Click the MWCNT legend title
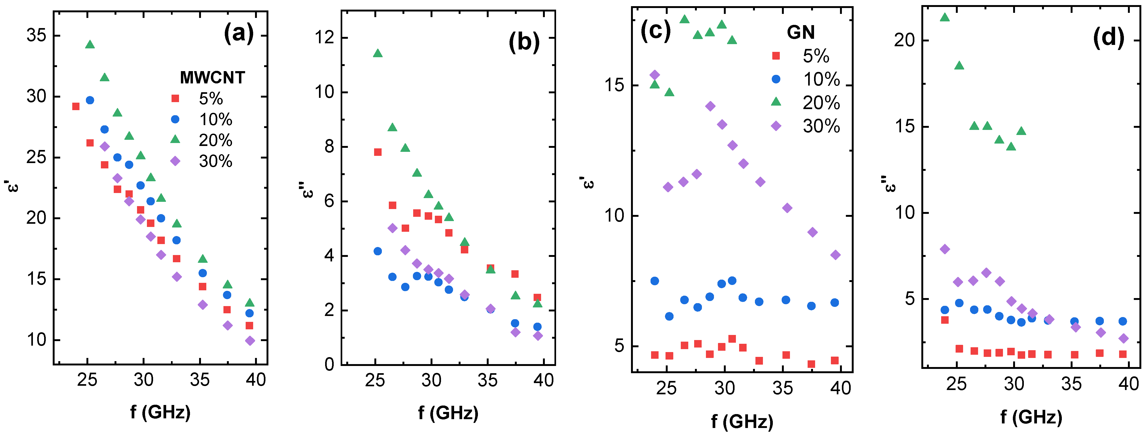point(212,78)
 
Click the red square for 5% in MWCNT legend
point(175,98)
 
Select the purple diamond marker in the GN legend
point(776,126)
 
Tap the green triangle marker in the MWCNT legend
point(175,139)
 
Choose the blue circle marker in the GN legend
point(776,79)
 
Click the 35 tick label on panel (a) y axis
point(37,35)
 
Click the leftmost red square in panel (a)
point(76,106)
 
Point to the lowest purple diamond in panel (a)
point(250,341)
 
